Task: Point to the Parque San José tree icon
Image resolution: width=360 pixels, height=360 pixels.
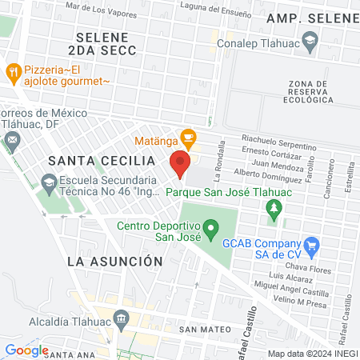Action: coord(274,209)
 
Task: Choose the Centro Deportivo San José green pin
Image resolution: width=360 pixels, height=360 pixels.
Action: coord(210,230)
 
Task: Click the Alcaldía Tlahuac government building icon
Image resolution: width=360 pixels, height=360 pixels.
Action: coord(120,320)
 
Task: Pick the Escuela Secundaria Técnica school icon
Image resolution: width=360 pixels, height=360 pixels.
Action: coord(50,184)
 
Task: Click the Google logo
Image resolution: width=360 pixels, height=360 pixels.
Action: coord(26,350)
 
